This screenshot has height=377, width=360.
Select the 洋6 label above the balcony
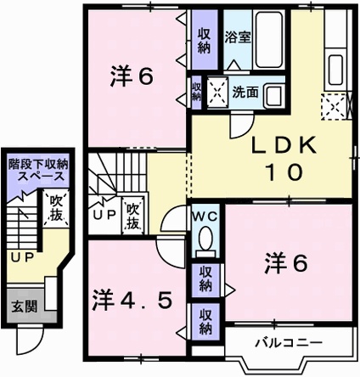click(x=284, y=263)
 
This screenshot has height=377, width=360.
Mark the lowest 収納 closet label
click(x=205, y=321)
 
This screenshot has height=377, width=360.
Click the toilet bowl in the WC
click(x=205, y=242)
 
